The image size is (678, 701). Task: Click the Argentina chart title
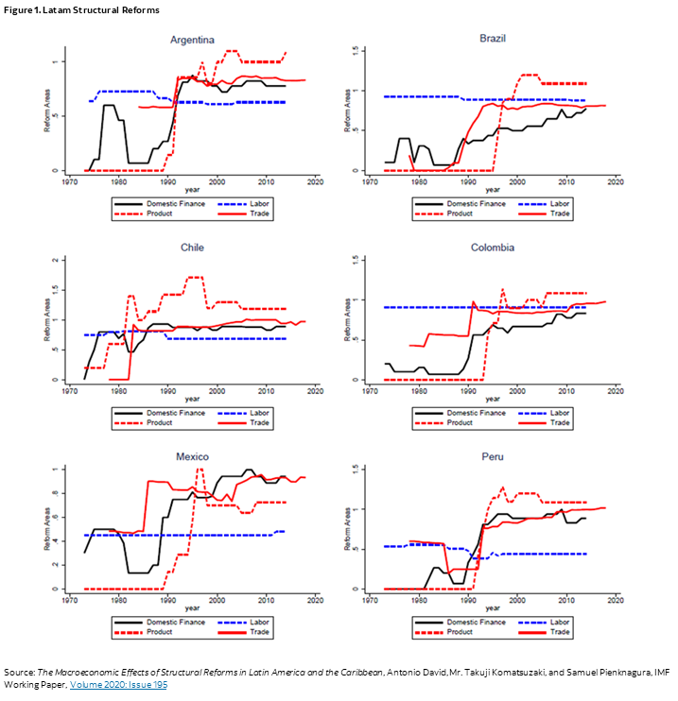192,40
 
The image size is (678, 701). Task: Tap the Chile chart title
192,248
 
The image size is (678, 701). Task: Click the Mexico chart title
192,457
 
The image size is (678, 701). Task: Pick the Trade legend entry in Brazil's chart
560,214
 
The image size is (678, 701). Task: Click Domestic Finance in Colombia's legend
475,413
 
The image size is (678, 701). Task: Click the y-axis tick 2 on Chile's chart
56,260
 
